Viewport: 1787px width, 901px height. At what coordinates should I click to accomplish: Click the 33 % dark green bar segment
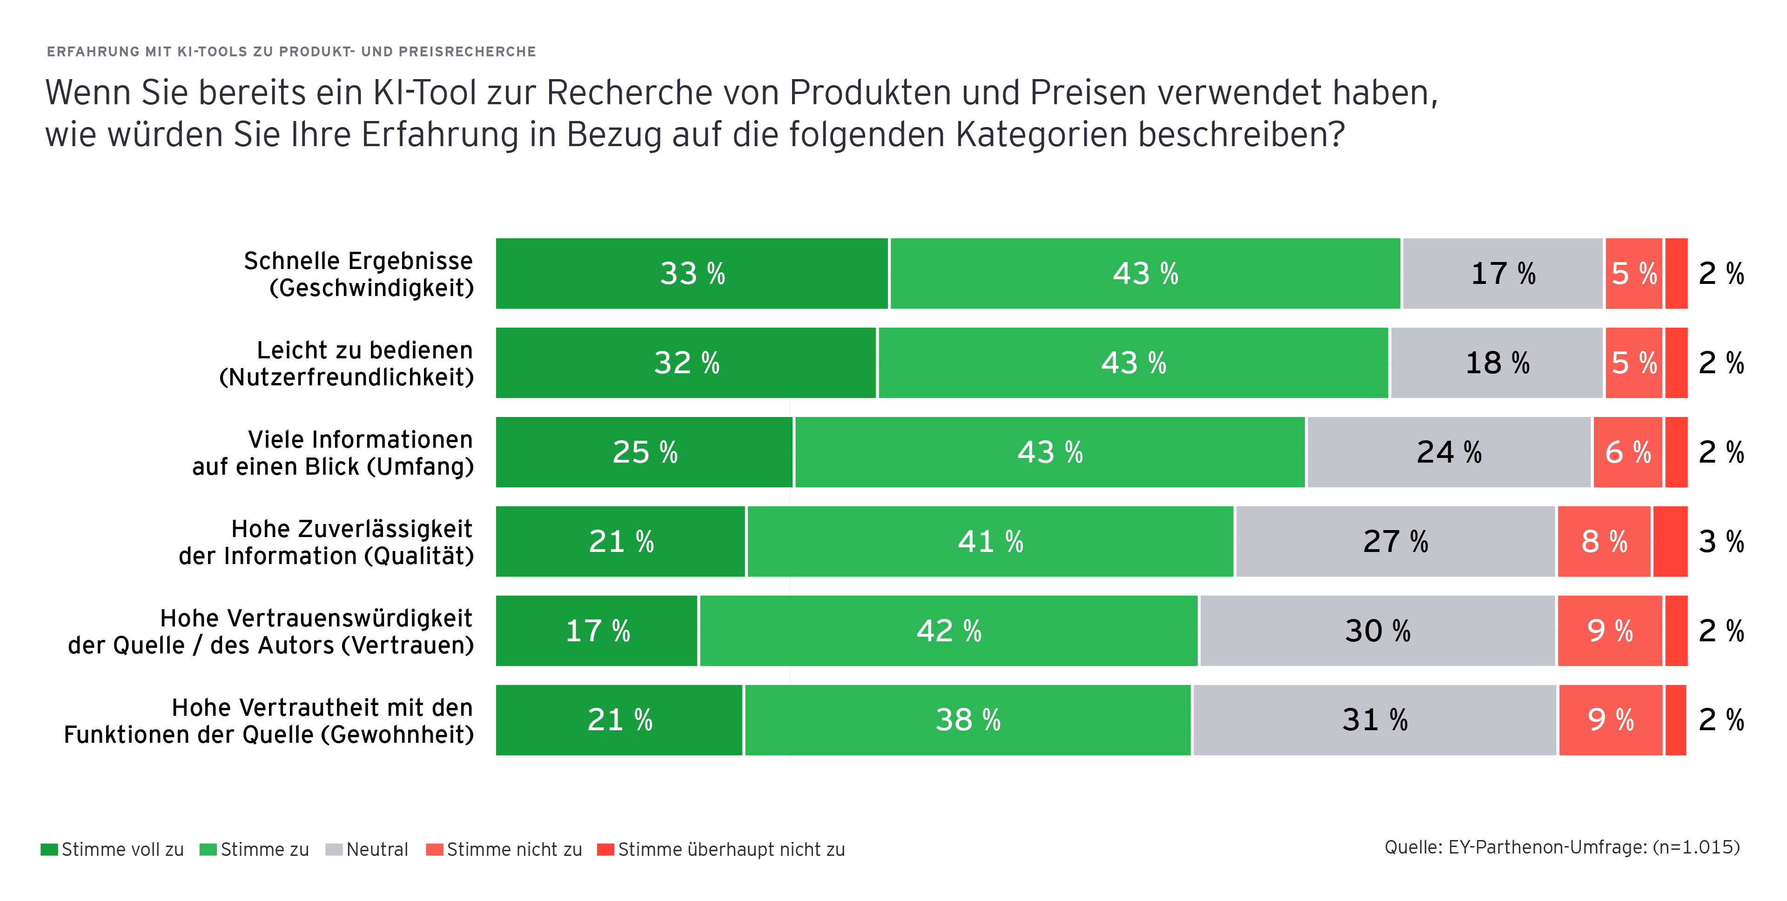click(x=692, y=273)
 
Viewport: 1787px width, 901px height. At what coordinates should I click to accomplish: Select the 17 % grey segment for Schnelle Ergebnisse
click(x=1503, y=273)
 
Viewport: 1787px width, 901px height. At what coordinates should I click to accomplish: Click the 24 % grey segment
click(x=1449, y=452)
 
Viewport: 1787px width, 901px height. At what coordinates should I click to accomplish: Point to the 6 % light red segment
click(x=1627, y=452)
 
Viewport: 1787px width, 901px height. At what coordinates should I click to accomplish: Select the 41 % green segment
click(x=990, y=542)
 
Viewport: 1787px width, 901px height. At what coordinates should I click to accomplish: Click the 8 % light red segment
click(x=1604, y=542)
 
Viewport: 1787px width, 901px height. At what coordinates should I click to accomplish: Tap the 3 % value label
click(x=1721, y=542)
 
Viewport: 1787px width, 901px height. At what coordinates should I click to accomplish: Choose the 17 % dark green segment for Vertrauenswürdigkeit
click(x=597, y=631)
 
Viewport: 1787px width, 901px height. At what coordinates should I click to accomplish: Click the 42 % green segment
click(x=948, y=631)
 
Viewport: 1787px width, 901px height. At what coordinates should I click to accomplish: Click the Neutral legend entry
click(x=367, y=850)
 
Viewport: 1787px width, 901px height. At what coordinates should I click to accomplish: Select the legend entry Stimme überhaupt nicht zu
click(x=721, y=850)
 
